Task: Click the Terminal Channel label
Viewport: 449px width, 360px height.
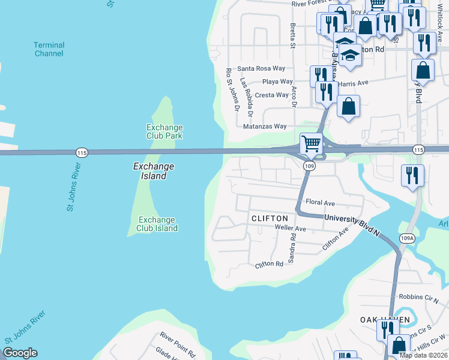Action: [49, 49]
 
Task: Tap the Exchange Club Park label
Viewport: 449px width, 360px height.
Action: [164, 131]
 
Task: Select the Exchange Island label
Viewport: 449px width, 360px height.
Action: [153, 171]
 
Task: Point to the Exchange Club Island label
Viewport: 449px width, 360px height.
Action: [157, 224]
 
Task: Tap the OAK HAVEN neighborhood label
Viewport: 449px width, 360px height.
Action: [385, 319]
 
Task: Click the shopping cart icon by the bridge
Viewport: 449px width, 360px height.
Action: [312, 144]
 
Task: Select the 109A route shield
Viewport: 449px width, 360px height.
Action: [406, 238]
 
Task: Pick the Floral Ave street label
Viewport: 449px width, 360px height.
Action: [320, 203]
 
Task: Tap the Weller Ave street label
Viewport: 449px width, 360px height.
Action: [290, 229]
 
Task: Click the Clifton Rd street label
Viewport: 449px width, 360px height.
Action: [269, 264]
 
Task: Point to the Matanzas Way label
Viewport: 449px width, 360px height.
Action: [265, 127]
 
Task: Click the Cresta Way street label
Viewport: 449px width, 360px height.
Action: [271, 95]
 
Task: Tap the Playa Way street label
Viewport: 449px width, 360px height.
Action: [277, 82]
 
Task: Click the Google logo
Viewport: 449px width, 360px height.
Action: [20, 353]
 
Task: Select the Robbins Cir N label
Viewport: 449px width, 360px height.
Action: [419, 296]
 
